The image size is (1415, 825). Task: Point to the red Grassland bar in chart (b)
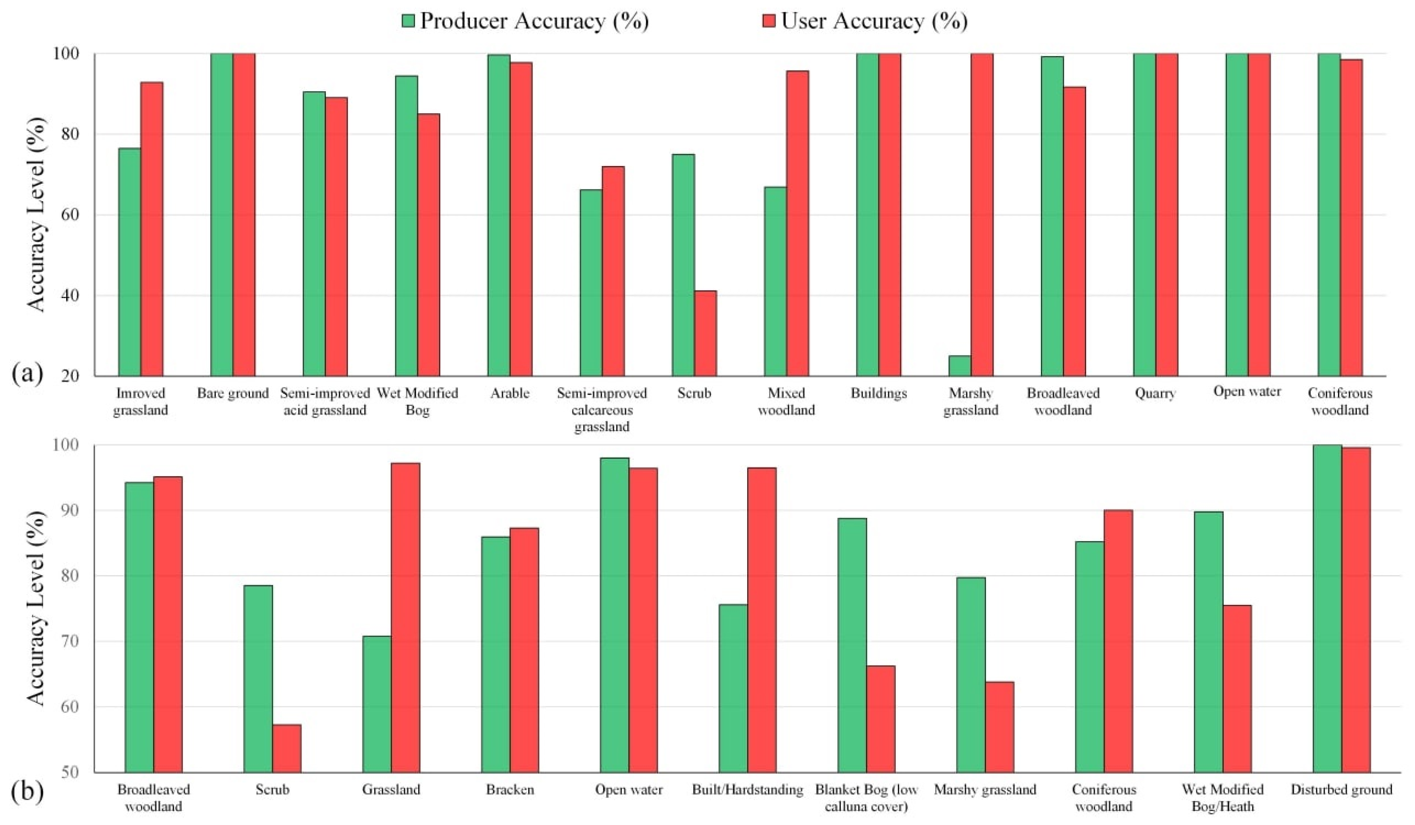click(405, 617)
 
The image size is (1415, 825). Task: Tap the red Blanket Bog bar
click(880, 718)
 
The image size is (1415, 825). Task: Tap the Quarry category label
click(1155, 393)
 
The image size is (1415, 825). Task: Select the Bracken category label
click(510, 790)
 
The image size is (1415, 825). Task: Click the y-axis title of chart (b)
click(36, 609)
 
